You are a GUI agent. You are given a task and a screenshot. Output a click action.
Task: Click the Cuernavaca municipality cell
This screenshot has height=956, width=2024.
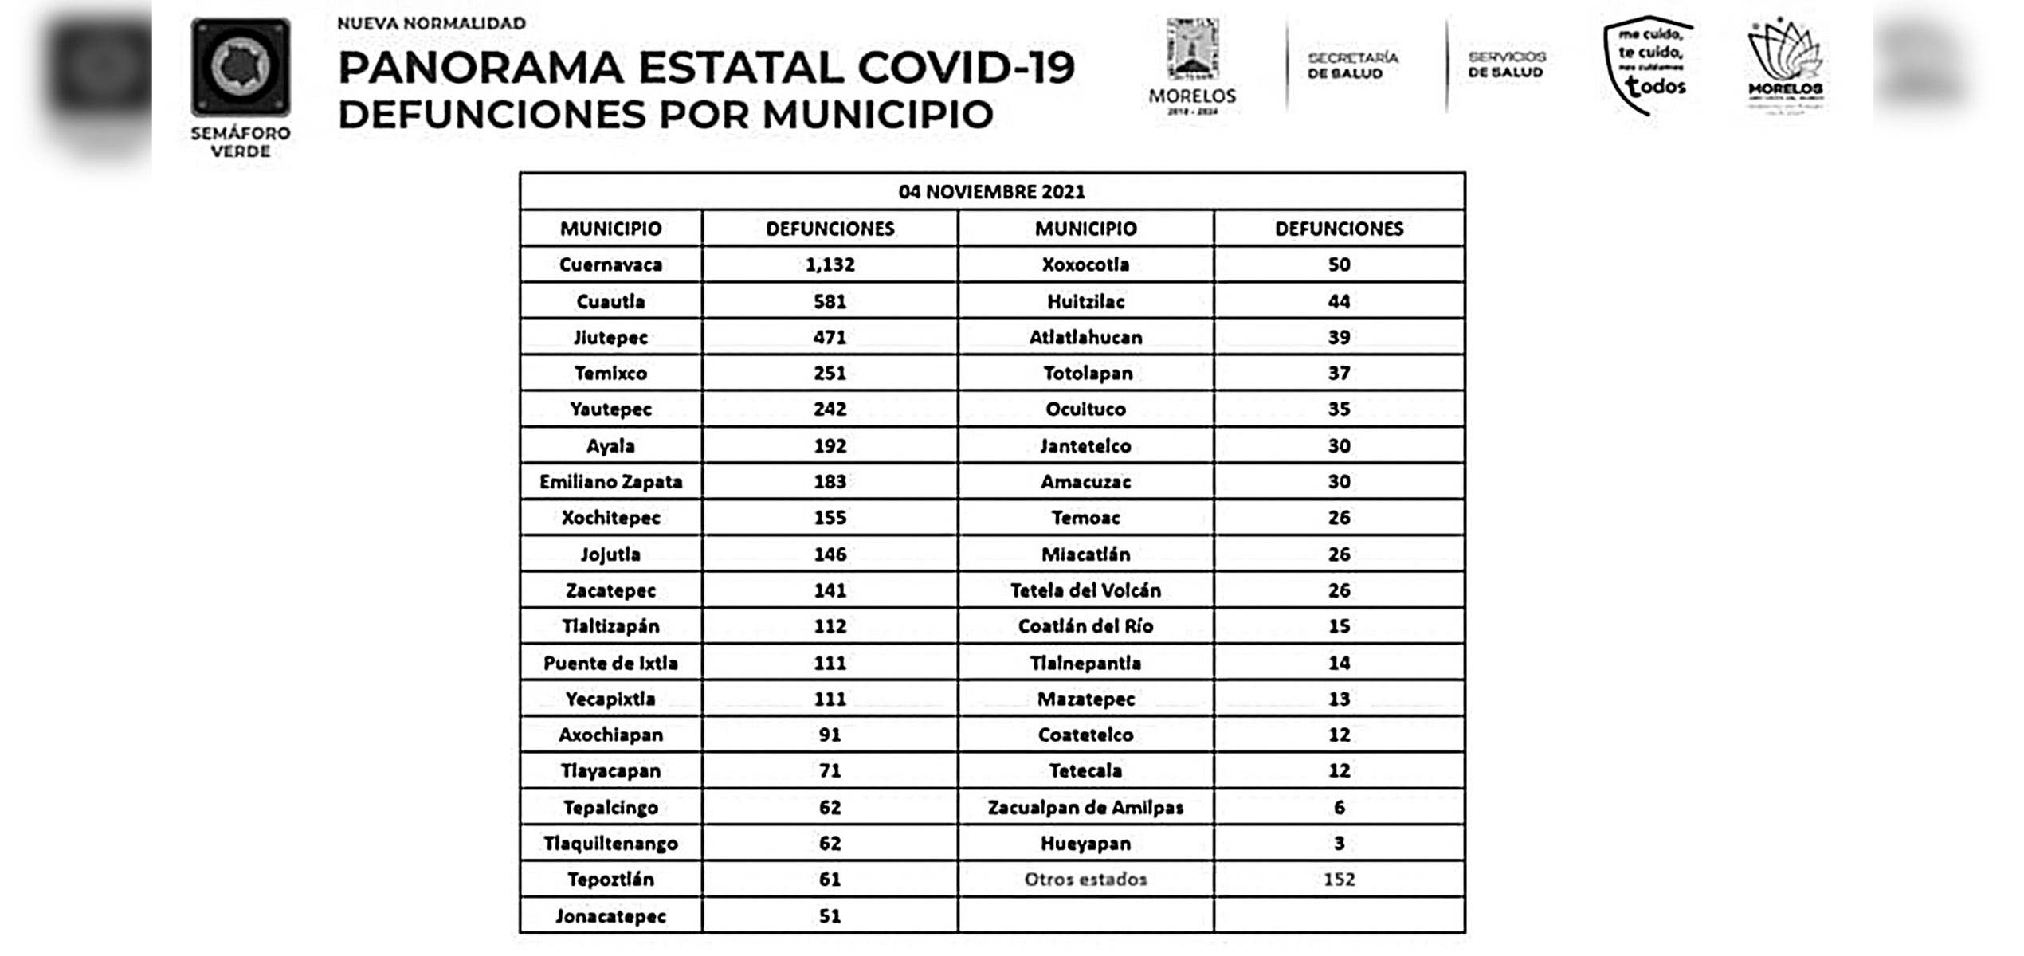tap(610, 264)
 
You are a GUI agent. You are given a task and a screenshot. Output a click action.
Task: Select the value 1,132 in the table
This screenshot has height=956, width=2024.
tap(830, 264)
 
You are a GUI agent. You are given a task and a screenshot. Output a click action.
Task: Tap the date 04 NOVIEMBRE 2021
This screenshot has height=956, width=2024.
tap(991, 192)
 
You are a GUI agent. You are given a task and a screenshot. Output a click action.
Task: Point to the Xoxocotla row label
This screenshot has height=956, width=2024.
tap(1085, 264)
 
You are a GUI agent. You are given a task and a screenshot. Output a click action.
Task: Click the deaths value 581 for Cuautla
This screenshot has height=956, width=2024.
tap(830, 301)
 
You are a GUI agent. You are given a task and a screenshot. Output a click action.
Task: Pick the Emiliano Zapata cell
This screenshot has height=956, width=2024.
tap(610, 482)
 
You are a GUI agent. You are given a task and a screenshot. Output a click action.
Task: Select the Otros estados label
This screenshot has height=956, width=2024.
tap(1085, 880)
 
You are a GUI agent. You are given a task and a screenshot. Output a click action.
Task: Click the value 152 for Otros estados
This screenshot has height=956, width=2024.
tap(1339, 880)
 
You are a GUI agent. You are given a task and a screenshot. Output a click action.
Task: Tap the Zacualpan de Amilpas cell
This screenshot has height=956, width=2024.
tap(1085, 808)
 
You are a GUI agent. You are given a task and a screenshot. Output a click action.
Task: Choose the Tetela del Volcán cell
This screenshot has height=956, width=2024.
tap(1085, 590)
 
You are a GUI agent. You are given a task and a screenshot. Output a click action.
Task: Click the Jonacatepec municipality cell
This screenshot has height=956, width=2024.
tap(610, 916)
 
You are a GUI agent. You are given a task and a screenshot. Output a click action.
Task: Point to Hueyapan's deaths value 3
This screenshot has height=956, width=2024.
tap(1339, 843)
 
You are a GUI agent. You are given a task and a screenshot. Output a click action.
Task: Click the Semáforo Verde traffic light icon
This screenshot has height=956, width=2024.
tap(241, 68)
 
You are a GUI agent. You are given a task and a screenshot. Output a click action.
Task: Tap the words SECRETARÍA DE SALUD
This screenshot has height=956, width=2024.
tap(1352, 65)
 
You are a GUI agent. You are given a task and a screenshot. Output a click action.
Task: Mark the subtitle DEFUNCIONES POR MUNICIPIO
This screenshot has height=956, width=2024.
tap(665, 115)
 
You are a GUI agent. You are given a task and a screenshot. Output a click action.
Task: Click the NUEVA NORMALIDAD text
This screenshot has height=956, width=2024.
tap(431, 23)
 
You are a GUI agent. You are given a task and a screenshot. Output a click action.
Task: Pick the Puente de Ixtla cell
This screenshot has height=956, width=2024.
tap(610, 663)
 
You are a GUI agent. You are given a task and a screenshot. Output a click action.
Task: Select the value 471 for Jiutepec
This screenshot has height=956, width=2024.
tap(830, 337)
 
